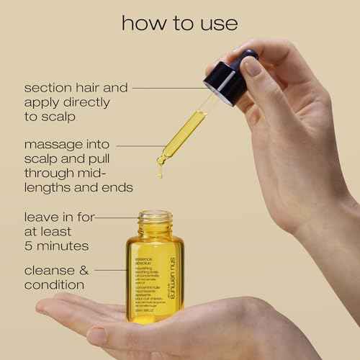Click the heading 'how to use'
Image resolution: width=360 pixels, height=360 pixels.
180,23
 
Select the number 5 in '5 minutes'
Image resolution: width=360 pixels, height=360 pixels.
30,246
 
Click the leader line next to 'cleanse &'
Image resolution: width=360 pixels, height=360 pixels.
115,271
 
